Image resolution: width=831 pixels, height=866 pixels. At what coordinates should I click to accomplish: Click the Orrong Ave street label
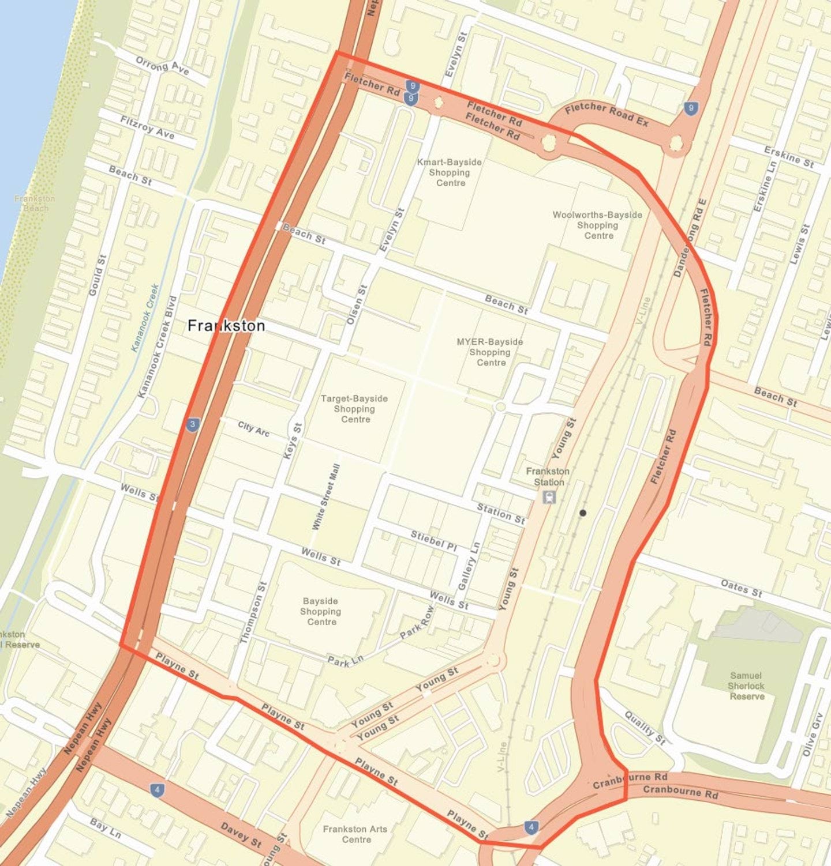pyautogui.click(x=162, y=65)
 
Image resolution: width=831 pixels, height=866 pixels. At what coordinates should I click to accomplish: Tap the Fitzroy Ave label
pyautogui.click(x=147, y=126)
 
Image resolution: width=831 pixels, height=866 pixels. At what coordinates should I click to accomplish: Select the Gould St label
pyautogui.click(x=98, y=276)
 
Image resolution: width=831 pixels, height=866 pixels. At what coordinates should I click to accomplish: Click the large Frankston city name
pyautogui.click(x=226, y=326)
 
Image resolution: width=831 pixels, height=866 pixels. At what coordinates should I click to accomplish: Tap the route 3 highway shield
pyautogui.click(x=193, y=425)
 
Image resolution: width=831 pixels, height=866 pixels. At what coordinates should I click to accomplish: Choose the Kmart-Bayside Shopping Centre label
pyautogui.click(x=450, y=172)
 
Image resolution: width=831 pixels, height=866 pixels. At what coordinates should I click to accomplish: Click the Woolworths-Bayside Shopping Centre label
pyautogui.click(x=597, y=225)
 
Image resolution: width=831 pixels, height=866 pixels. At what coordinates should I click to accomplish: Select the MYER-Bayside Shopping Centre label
pyautogui.click(x=490, y=352)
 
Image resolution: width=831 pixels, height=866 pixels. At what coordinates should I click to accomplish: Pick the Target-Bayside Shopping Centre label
pyautogui.click(x=354, y=408)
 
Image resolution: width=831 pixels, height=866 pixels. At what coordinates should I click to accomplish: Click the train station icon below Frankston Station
pyautogui.click(x=549, y=496)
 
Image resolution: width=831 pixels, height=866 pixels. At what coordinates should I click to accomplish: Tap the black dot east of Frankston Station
pyautogui.click(x=583, y=513)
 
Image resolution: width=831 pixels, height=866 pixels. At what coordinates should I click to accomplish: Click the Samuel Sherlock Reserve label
pyautogui.click(x=746, y=686)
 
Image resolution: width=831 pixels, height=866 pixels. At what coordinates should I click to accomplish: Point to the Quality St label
pyautogui.click(x=645, y=728)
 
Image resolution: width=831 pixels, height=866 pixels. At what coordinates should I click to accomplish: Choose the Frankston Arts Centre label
pyautogui.click(x=355, y=834)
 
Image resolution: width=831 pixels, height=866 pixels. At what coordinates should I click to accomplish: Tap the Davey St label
pyautogui.click(x=241, y=835)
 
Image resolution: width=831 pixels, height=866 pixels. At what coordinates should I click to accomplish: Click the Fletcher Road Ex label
pyautogui.click(x=607, y=114)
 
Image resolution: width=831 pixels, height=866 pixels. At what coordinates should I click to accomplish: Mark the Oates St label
pyautogui.click(x=741, y=588)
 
